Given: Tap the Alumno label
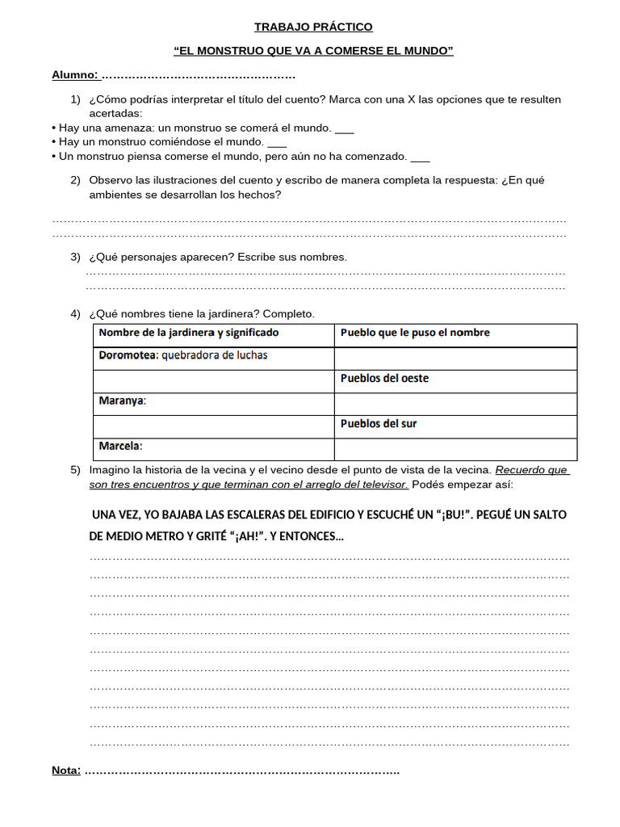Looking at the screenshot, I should click(x=74, y=75).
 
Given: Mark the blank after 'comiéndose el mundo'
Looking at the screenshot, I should click(x=277, y=142).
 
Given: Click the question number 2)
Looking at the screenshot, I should click(x=75, y=180).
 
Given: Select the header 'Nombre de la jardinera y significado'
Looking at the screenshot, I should click(x=188, y=333).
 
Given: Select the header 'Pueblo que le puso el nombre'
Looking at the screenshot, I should click(x=415, y=333).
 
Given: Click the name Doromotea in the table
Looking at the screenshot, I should click(x=128, y=355).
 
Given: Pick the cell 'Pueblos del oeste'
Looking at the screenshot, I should click(x=384, y=378).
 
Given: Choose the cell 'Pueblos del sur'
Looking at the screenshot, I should click(x=379, y=423).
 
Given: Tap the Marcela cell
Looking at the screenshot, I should click(x=119, y=446).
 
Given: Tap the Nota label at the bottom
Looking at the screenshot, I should click(x=66, y=770).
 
